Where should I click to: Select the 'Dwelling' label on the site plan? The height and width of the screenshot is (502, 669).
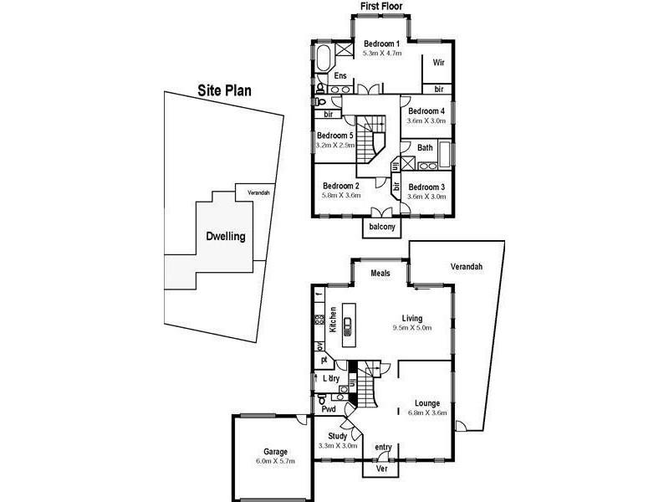226,237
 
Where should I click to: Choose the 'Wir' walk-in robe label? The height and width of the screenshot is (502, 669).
437,63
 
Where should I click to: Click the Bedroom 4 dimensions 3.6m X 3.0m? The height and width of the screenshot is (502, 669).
426,120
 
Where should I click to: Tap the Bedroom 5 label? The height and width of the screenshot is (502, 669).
336,135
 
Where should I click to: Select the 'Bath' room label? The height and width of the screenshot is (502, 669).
425,148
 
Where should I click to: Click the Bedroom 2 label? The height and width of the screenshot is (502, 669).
341,186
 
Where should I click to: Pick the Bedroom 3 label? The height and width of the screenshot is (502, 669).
426,187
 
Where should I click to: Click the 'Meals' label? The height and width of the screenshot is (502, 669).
381,273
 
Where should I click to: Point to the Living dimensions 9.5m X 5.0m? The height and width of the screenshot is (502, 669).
411,329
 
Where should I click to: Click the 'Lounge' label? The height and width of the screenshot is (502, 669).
426,403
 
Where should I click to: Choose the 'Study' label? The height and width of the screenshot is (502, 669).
337,436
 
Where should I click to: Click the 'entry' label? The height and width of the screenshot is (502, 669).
383,447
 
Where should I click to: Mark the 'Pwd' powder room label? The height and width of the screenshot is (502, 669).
329,410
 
